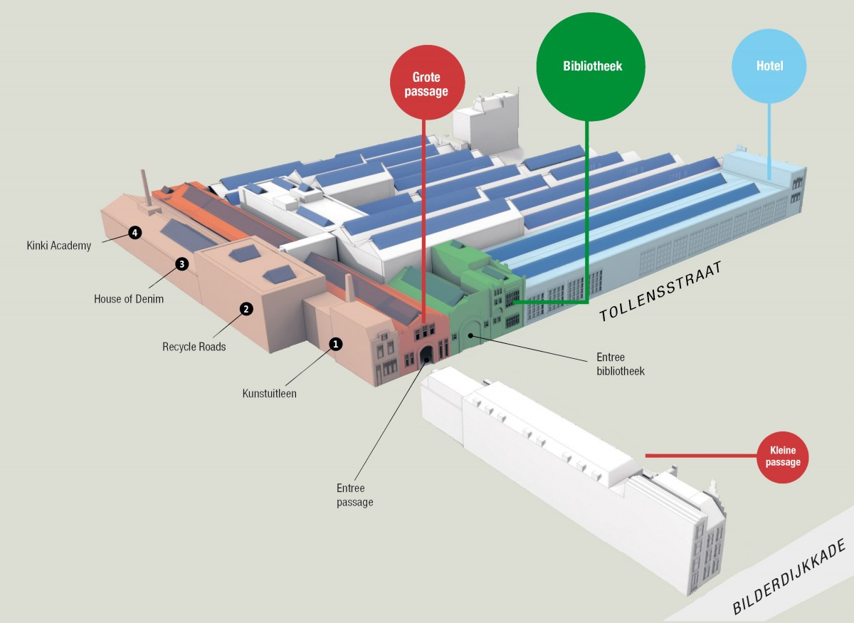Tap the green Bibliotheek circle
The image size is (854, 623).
tap(591, 66)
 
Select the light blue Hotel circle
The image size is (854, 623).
tap(769, 66)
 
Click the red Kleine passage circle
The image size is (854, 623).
tap(783, 457)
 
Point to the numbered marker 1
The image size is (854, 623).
tap(336, 344)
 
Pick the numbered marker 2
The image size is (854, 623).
tap(246, 309)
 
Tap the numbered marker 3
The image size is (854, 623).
tap(181, 264)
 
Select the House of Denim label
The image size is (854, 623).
tap(129, 299)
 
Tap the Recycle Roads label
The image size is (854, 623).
tap(194, 347)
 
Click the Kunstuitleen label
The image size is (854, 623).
tap(269, 393)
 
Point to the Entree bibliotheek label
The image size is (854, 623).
tap(620, 364)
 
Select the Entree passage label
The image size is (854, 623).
tap(354, 495)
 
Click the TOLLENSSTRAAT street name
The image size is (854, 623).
tap(660, 292)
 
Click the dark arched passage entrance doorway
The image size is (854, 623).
tap(426, 355)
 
